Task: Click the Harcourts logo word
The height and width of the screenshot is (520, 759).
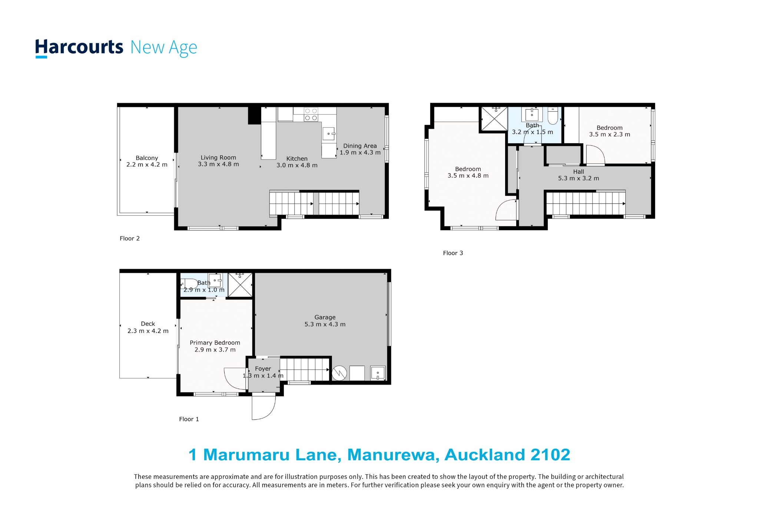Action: click(x=79, y=48)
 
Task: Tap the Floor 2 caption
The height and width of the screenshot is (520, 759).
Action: click(x=130, y=238)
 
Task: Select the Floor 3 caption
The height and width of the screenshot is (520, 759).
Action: click(x=453, y=253)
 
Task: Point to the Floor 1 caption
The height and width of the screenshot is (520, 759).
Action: click(x=189, y=419)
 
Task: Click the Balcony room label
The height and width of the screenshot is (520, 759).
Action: click(x=147, y=158)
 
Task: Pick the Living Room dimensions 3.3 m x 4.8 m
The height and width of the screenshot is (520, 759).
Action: click(x=218, y=164)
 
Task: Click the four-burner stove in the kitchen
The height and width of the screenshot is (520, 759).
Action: click(x=311, y=114)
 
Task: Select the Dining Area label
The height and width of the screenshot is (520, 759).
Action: click(x=360, y=146)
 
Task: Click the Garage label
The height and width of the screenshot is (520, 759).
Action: click(x=325, y=317)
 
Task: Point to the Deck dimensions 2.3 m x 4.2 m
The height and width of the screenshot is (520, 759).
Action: click(x=148, y=331)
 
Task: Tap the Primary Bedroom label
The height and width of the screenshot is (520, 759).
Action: click(x=215, y=343)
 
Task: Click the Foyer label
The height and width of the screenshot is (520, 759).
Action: click(x=263, y=369)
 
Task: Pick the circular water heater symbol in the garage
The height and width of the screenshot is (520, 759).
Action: click(x=339, y=373)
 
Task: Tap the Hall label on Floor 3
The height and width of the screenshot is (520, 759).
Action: click(x=579, y=172)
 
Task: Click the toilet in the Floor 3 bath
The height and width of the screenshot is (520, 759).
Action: click(x=553, y=116)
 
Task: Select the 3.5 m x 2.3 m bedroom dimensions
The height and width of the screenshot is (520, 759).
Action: click(x=610, y=134)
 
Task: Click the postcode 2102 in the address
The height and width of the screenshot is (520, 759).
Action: click(x=550, y=455)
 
